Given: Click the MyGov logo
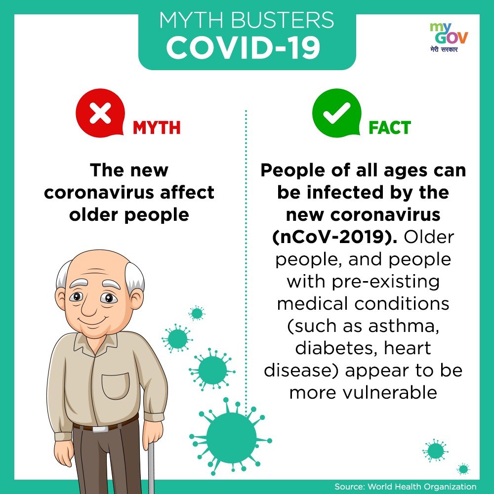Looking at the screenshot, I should (449, 38).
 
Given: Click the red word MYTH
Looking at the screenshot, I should (157, 128).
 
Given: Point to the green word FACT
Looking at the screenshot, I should (390, 128).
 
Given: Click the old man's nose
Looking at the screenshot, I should (89, 306).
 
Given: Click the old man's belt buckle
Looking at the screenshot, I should (100, 429).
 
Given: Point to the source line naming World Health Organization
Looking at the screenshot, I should (406, 487).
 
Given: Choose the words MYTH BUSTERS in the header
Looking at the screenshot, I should (247, 21).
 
